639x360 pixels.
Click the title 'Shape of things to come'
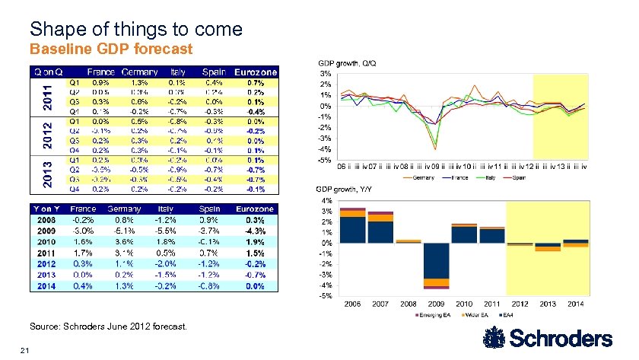click(x=135, y=30)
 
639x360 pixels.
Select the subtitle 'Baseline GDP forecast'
click(x=110, y=49)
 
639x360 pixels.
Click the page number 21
click(x=25, y=351)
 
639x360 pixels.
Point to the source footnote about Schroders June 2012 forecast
click(x=106, y=326)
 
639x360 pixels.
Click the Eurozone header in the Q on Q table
click(x=255, y=72)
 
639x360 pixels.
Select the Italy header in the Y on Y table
click(x=165, y=209)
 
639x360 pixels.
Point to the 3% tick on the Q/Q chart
click(x=324, y=73)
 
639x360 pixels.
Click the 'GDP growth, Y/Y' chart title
click(x=342, y=190)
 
